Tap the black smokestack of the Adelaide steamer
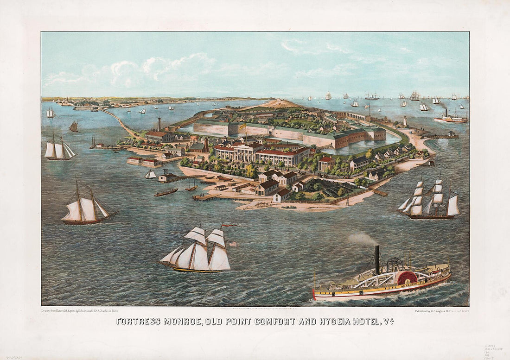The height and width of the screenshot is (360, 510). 377,259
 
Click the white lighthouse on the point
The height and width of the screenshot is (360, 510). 405,121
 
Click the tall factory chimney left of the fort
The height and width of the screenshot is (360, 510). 159,124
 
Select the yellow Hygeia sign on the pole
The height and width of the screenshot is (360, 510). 242,126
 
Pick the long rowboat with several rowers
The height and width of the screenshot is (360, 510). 166,192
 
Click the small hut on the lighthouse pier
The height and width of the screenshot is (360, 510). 452,133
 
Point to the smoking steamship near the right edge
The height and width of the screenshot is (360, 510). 451,118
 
